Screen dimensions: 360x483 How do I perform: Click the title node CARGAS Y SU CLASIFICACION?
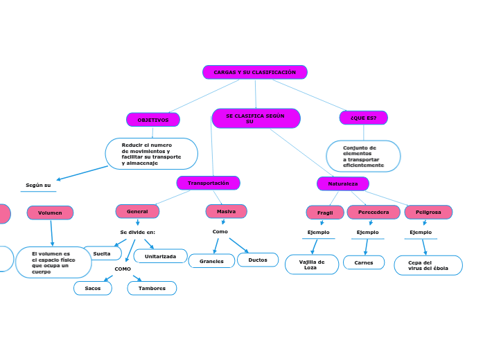click(254, 72)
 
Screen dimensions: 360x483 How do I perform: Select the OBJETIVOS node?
click(152, 120)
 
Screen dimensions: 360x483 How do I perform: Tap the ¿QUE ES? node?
click(363, 118)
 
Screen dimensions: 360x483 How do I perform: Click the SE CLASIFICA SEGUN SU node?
click(256, 118)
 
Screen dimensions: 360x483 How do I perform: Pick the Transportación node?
click(208, 183)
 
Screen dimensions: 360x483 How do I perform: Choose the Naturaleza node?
click(342, 183)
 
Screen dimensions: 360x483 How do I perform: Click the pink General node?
click(137, 211)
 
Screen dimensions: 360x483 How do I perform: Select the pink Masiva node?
click(226, 211)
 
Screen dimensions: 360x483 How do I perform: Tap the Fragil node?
click(325, 213)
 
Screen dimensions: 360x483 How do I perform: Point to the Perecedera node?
click(373, 212)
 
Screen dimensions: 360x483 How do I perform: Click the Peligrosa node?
click(428, 212)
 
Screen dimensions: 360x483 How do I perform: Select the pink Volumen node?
click(50, 213)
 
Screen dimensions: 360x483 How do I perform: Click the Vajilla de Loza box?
click(312, 264)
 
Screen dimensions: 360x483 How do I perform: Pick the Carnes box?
click(363, 262)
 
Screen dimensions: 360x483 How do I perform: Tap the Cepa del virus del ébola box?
click(428, 265)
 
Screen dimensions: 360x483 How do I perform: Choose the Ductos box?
click(258, 260)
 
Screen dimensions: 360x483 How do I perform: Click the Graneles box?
click(211, 261)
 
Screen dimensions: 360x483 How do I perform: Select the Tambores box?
click(152, 288)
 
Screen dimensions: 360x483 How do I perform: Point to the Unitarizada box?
click(160, 256)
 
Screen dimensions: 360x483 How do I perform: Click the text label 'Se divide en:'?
click(137, 232)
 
